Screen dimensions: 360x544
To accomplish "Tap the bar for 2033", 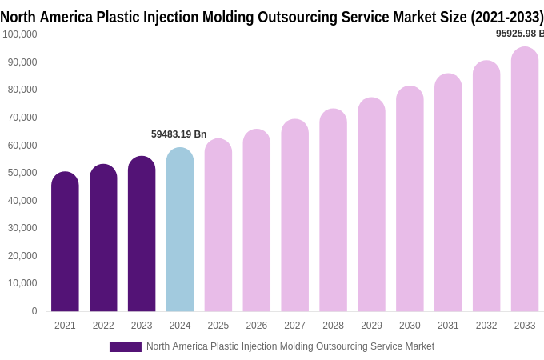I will tap(525, 180).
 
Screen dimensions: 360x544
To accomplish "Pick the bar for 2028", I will tap(333, 211).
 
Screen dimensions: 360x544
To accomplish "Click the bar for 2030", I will tap(410, 200).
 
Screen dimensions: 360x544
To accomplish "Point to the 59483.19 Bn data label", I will tap(178, 134).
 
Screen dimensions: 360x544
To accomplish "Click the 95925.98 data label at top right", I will tap(519, 34).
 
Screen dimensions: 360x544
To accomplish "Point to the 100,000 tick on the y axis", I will tap(20, 34).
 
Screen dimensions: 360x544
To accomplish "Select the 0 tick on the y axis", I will tap(34, 311).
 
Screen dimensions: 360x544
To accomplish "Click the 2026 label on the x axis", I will tap(257, 326).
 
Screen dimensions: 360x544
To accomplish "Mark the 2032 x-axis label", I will tap(486, 326).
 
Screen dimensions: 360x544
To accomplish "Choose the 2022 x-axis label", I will tap(103, 326).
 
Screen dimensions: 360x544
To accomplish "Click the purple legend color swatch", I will tap(126, 347).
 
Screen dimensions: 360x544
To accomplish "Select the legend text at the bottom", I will tap(290, 346).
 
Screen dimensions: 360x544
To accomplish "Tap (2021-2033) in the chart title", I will tap(506, 18).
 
